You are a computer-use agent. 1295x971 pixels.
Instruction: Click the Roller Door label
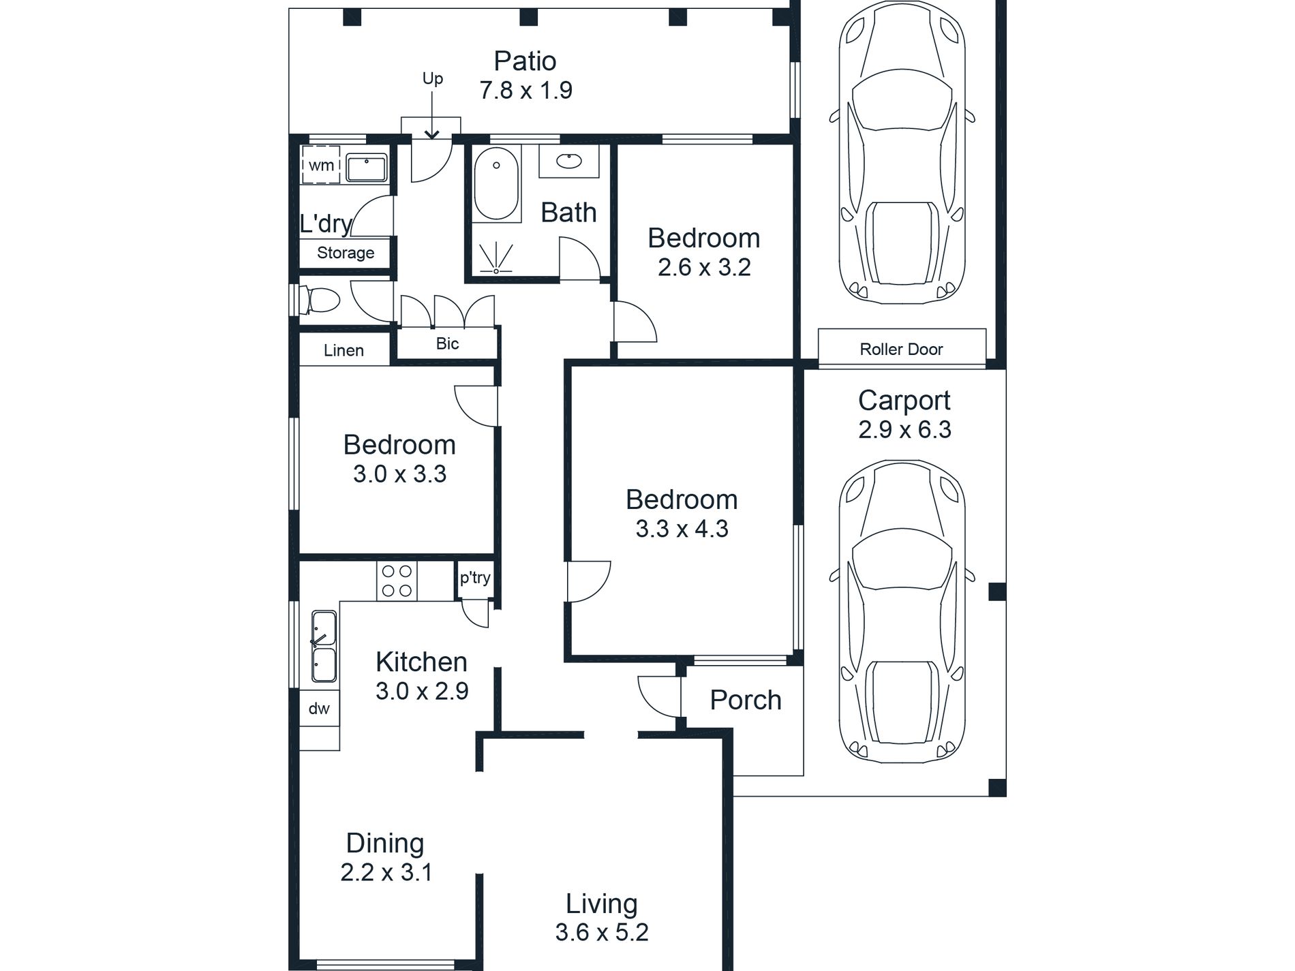[x=901, y=350]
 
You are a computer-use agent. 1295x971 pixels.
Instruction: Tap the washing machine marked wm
[x=320, y=165]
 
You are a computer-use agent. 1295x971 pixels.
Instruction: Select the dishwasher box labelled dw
[x=319, y=709]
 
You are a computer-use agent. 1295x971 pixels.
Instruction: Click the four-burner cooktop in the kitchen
[x=397, y=581]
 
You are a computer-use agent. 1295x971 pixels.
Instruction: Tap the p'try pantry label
[x=475, y=579]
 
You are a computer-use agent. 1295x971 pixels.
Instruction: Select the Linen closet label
[x=344, y=350]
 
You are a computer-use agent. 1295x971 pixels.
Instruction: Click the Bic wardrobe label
[x=447, y=343]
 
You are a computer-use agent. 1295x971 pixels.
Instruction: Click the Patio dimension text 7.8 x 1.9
[x=525, y=90]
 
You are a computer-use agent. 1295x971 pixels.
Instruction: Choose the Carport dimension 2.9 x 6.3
[x=904, y=429]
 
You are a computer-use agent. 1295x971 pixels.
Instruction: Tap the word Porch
[x=746, y=700]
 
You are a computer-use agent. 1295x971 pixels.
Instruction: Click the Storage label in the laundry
[x=346, y=253]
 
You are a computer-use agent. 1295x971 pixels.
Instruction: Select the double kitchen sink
[x=324, y=647]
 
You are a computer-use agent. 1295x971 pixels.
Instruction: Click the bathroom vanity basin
[x=569, y=161]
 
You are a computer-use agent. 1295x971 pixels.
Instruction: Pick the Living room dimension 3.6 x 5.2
[x=602, y=931]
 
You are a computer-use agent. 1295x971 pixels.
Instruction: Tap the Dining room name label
[x=385, y=843]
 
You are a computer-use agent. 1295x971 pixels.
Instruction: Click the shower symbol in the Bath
[x=496, y=259]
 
